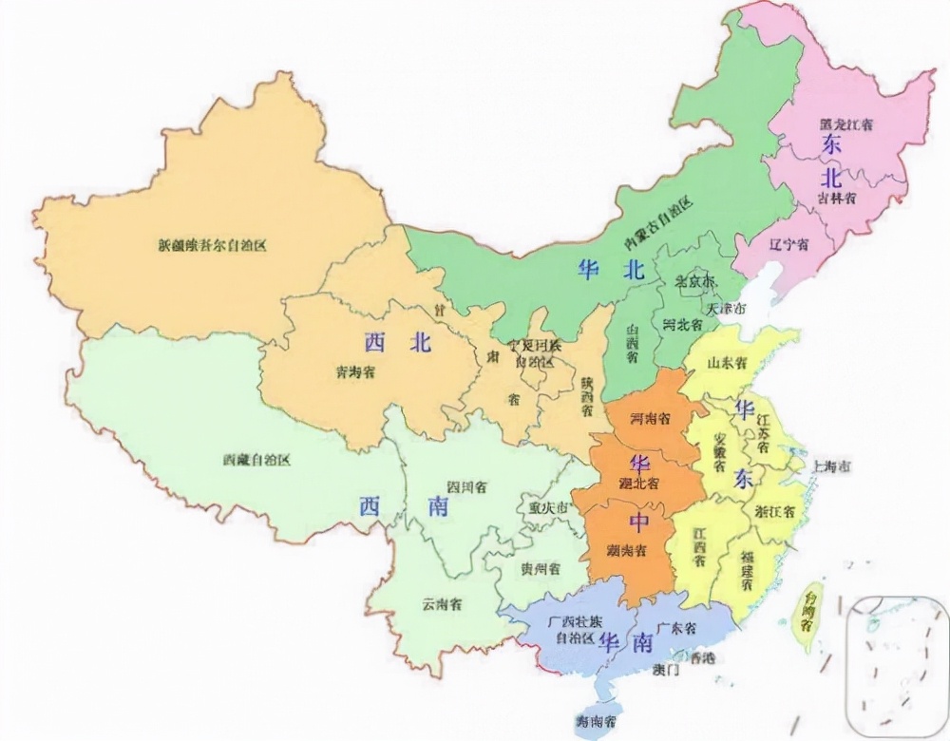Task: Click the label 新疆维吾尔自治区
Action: (213, 244)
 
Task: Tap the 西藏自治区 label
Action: (256, 460)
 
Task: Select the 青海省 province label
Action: (355, 371)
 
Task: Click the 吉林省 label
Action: (837, 198)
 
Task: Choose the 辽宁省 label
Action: (789, 245)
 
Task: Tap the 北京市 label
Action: (693, 281)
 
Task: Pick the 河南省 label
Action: (652, 419)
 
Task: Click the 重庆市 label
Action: (548, 508)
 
